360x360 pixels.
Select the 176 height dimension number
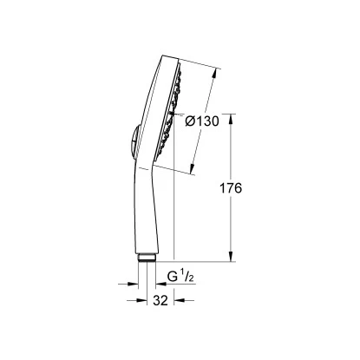point(232,188)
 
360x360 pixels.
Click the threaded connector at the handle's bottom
point(148,258)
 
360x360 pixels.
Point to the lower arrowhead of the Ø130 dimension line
point(190,167)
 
